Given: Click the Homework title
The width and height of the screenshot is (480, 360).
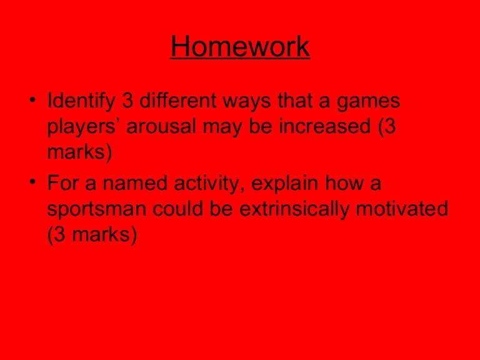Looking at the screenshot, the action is coord(240,46).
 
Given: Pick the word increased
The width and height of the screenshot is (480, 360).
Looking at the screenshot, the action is coord(325,126).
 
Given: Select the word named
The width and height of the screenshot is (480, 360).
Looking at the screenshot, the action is coord(135,182).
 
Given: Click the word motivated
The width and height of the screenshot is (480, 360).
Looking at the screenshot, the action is coord(402,208).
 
